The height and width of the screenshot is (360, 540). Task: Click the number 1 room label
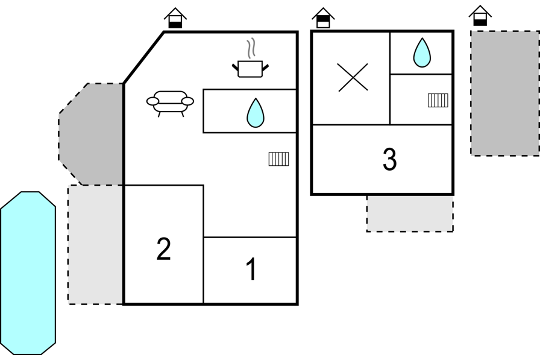(252, 269)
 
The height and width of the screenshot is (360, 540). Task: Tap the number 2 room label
(163, 248)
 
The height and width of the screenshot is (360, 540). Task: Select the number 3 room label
(389, 159)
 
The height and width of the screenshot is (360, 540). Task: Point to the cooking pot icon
(250, 69)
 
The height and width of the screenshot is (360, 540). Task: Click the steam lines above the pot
(252, 48)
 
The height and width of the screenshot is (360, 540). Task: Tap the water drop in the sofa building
(256, 113)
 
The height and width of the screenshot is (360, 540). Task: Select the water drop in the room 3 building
(422, 52)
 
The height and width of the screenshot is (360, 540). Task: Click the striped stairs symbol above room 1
(278, 159)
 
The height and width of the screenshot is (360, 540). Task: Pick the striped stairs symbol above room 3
(438, 100)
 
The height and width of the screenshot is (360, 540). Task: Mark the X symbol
(353, 77)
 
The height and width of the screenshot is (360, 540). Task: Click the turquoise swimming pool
(28, 273)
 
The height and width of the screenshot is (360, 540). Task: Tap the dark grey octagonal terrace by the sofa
(91, 134)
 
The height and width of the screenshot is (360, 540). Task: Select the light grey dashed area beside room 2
(95, 245)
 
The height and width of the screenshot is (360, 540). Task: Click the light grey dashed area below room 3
(410, 213)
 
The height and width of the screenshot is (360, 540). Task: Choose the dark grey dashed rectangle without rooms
(505, 93)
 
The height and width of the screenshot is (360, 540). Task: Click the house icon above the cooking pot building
(175, 18)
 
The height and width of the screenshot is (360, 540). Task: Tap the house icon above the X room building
(323, 18)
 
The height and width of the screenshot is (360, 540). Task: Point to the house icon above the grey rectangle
(480, 16)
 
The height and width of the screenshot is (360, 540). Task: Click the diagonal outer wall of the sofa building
(143, 57)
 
